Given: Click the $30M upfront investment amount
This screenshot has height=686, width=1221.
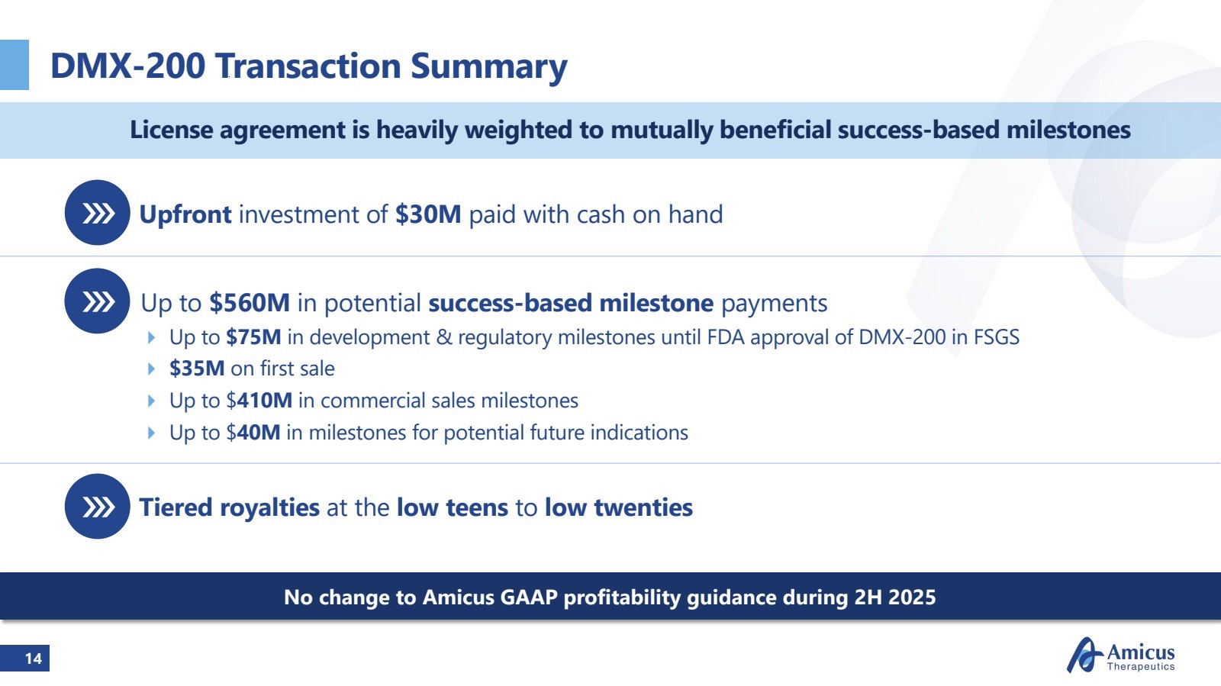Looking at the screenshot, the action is pyautogui.click(x=428, y=214).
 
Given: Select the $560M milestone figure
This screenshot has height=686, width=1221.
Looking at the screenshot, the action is pyautogui.click(x=250, y=303).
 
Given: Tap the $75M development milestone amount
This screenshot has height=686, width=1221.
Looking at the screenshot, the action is pyautogui.click(x=253, y=337).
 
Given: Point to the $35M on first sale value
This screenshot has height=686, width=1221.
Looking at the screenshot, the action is pyautogui.click(x=197, y=369).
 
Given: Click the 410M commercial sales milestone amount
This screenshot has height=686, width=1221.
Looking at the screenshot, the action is pyautogui.click(x=265, y=401).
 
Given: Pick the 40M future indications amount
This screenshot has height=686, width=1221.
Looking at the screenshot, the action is pyautogui.click(x=259, y=433).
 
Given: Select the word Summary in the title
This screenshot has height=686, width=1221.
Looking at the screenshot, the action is pyautogui.click(x=489, y=67).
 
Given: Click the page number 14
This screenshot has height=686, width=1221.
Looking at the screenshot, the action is pyautogui.click(x=34, y=659).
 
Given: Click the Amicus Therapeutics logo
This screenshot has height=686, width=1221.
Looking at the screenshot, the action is pyautogui.click(x=1121, y=655).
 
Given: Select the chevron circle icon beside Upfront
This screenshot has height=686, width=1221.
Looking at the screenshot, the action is pyautogui.click(x=97, y=212).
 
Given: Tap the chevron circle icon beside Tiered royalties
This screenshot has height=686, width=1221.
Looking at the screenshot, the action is pyautogui.click(x=97, y=506).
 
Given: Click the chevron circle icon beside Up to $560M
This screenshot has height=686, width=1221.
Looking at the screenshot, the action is pyautogui.click(x=97, y=301).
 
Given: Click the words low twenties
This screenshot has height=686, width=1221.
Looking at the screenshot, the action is pyautogui.click(x=619, y=507).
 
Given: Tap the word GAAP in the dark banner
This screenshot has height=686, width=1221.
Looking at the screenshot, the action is pyautogui.click(x=529, y=597).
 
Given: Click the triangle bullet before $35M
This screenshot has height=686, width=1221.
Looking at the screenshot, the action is pyautogui.click(x=152, y=369).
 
